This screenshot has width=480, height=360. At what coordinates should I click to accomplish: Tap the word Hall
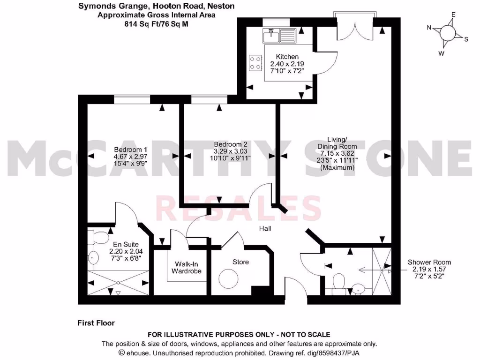[x=266, y=228]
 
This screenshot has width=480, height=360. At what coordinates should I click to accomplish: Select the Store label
[x=240, y=262]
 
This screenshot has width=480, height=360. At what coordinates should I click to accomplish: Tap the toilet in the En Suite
[x=100, y=238]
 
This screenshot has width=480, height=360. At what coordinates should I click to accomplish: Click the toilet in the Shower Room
[x=338, y=283]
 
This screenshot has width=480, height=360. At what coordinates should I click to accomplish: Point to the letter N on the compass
[x=428, y=28]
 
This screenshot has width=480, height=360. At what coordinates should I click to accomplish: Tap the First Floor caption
[x=96, y=323]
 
